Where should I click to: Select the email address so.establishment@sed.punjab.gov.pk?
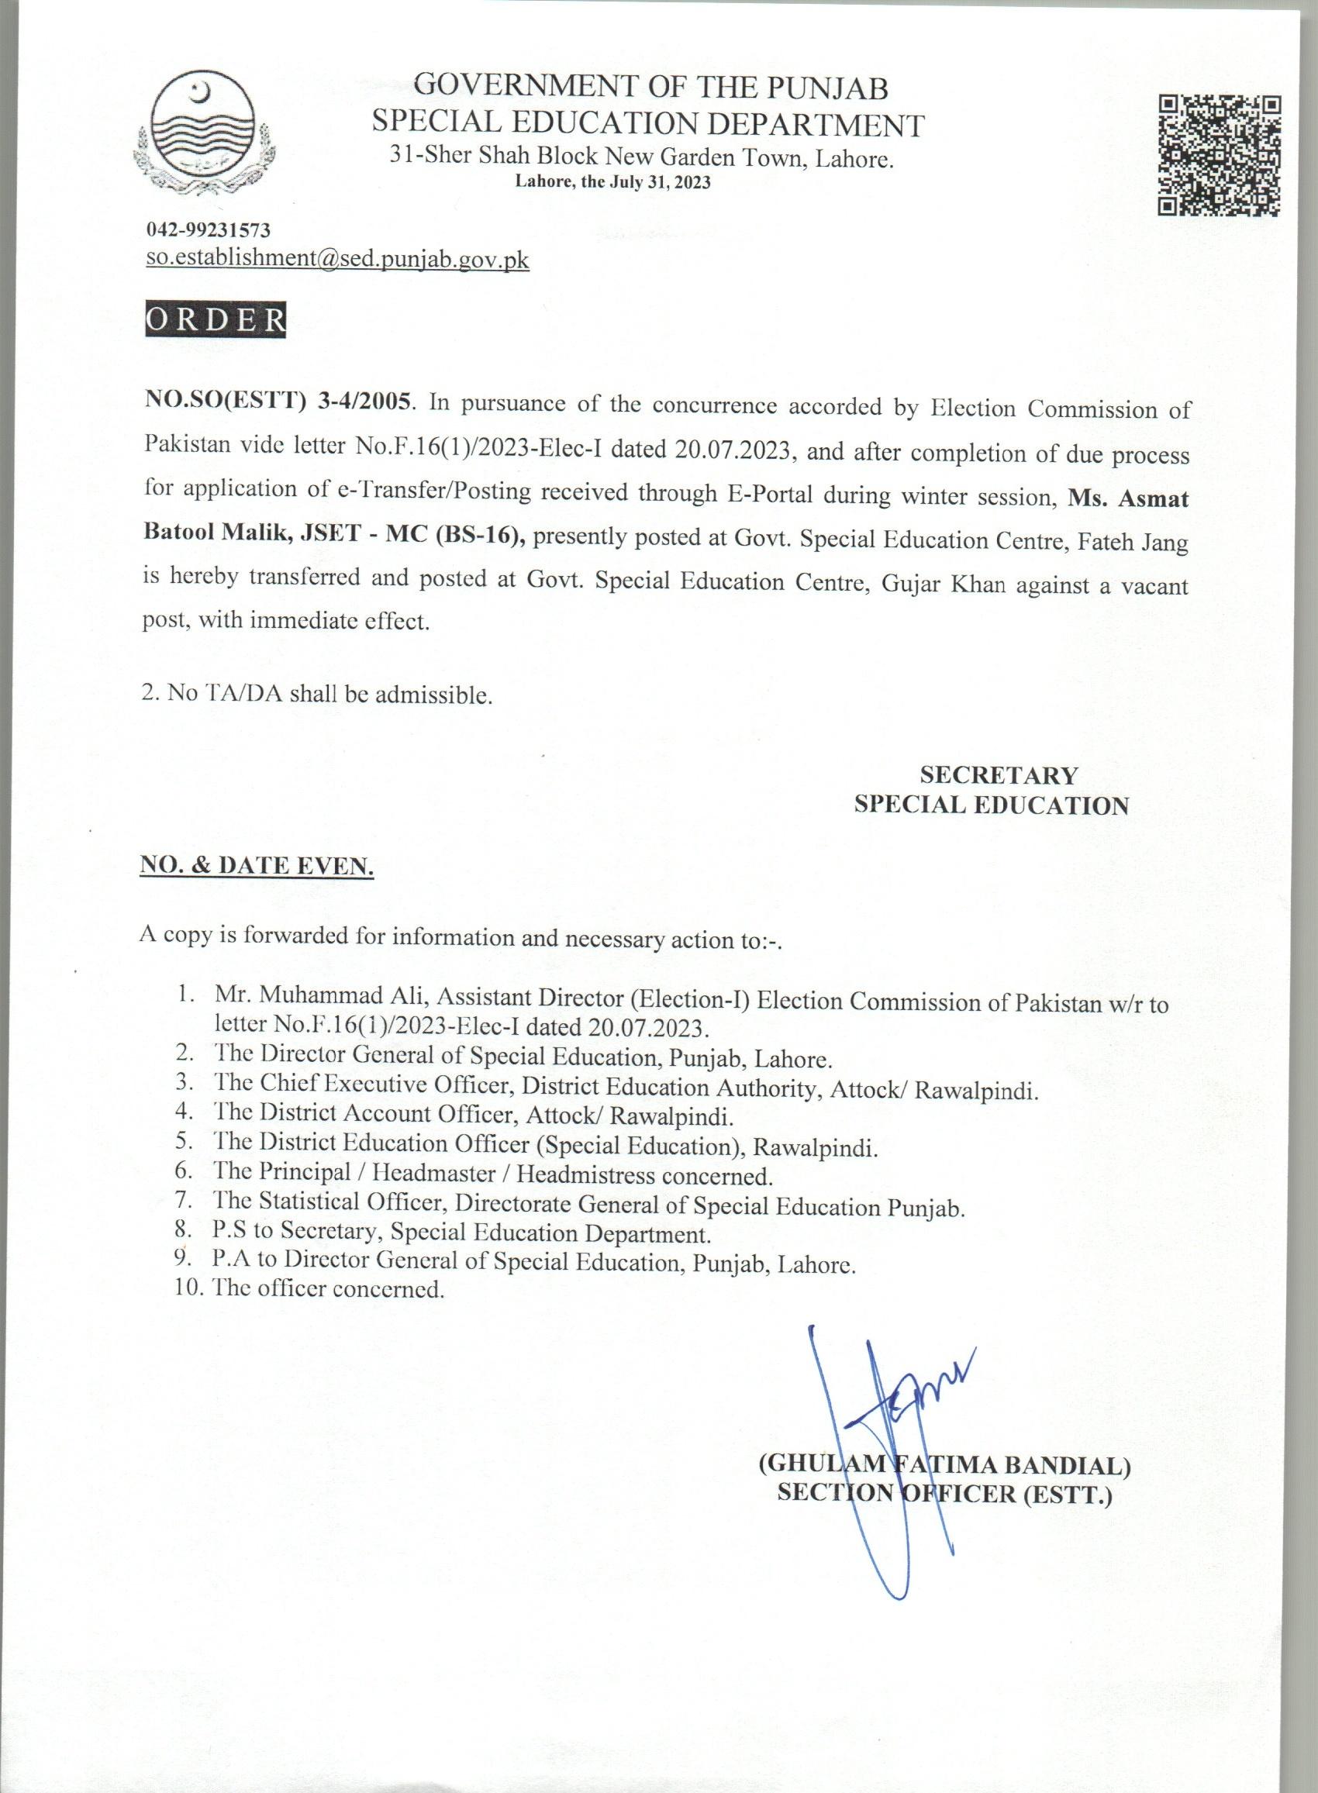pyautogui.click(x=337, y=259)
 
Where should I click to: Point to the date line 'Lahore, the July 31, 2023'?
pyautogui.click(x=612, y=182)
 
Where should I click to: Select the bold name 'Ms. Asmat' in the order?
pyautogui.click(x=1128, y=498)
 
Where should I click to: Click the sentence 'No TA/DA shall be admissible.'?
pyautogui.click(x=318, y=694)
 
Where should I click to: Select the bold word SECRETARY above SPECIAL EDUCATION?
pyautogui.click(x=999, y=774)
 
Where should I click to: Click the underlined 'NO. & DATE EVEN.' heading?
pyautogui.click(x=257, y=865)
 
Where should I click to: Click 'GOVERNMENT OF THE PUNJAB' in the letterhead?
pyautogui.click(x=652, y=86)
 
